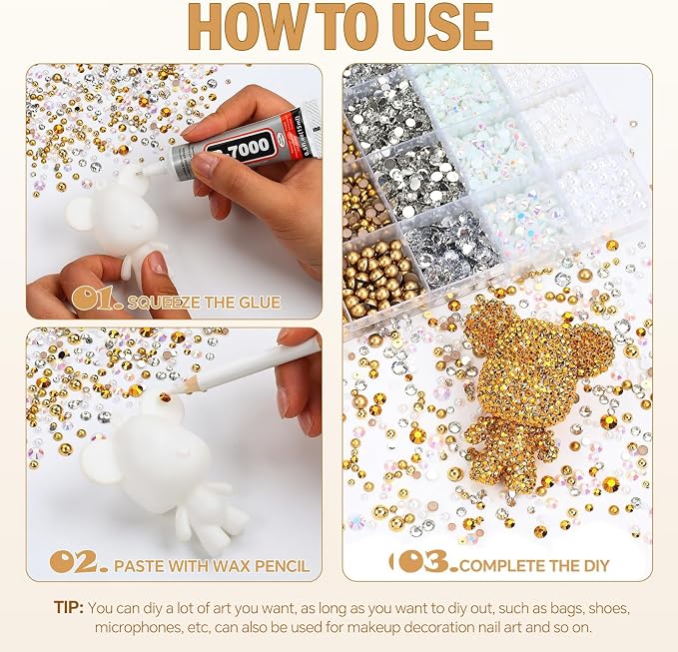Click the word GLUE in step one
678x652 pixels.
coord(259,303)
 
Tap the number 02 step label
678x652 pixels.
coord(78,562)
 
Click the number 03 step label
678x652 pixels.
coord(429,561)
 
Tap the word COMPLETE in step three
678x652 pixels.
coord(497,566)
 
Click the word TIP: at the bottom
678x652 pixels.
coord(69,607)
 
